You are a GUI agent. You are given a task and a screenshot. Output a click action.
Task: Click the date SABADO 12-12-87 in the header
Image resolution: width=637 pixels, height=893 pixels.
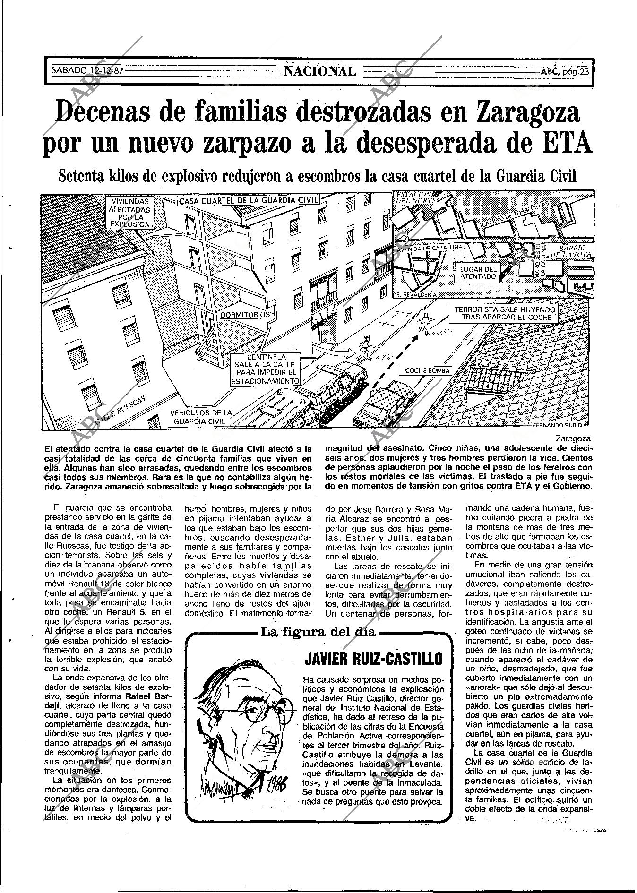point(87,71)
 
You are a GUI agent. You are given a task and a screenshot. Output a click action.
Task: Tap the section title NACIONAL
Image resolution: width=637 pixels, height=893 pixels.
point(320,71)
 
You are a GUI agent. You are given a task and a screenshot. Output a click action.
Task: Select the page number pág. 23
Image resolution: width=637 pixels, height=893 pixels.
point(566,72)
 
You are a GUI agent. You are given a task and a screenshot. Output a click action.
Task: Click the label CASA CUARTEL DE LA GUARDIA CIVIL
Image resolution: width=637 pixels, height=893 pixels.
point(249,201)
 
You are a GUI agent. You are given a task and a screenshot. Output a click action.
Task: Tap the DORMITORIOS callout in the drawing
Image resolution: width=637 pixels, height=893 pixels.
point(245,315)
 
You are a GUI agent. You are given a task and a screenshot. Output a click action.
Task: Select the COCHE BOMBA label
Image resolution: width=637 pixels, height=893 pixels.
point(428,371)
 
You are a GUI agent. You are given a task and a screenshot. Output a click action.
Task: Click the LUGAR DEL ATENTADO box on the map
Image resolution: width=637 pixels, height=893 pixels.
point(478,273)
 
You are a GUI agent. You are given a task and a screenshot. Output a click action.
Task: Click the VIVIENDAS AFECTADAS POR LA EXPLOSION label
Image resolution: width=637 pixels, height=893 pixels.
point(129,213)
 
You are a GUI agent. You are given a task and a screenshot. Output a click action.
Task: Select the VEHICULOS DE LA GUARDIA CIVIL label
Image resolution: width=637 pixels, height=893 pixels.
point(201,417)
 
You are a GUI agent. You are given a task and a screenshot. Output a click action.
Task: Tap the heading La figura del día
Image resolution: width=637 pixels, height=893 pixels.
point(318,633)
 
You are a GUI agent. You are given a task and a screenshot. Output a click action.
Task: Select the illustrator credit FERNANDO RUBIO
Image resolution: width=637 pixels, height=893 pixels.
point(560,425)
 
